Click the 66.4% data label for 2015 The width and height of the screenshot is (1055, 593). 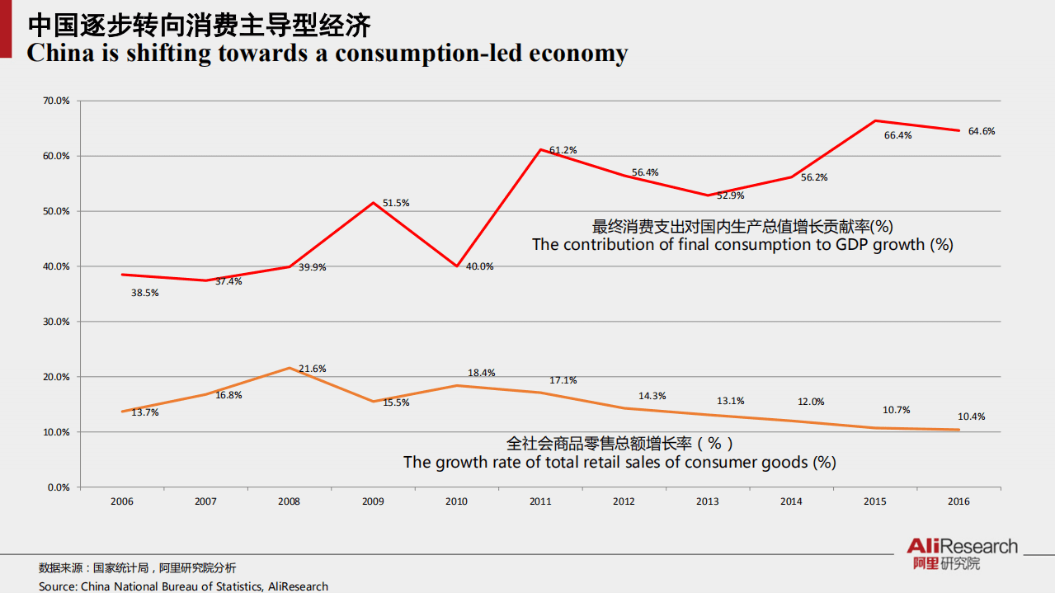(897, 135)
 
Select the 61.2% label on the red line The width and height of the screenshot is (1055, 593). (563, 150)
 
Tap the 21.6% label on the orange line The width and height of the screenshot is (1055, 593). (312, 369)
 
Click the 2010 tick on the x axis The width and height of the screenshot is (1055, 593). (456, 501)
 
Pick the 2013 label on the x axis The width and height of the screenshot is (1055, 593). (707, 501)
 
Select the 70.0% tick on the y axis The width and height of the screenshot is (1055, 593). (57, 101)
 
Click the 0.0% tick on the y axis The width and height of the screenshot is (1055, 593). (59, 487)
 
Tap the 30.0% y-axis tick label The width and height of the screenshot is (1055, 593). (57, 322)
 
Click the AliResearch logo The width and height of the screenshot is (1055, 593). (962, 553)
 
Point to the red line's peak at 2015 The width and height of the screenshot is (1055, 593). (874, 120)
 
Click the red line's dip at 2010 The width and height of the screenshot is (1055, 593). (456, 266)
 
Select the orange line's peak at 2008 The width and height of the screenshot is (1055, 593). (289, 368)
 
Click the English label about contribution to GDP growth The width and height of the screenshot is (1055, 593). (742, 245)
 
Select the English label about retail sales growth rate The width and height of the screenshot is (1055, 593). (619, 463)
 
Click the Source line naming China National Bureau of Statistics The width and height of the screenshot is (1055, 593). (183, 586)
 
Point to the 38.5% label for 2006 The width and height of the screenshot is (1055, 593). (144, 292)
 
